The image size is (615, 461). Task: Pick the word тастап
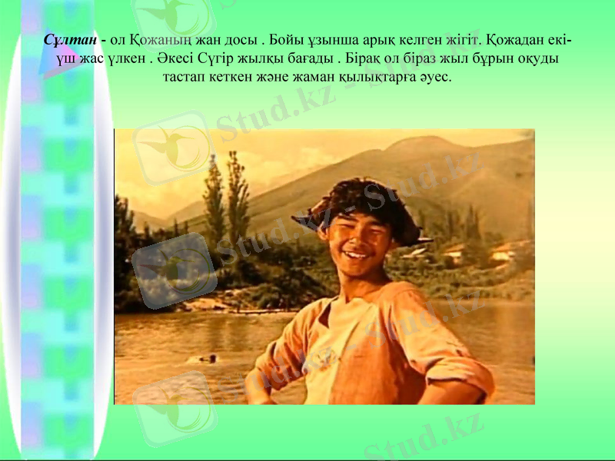click(x=185, y=78)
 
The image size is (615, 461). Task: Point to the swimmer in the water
click(x=207, y=357)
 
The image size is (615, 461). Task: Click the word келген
click(x=419, y=38)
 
